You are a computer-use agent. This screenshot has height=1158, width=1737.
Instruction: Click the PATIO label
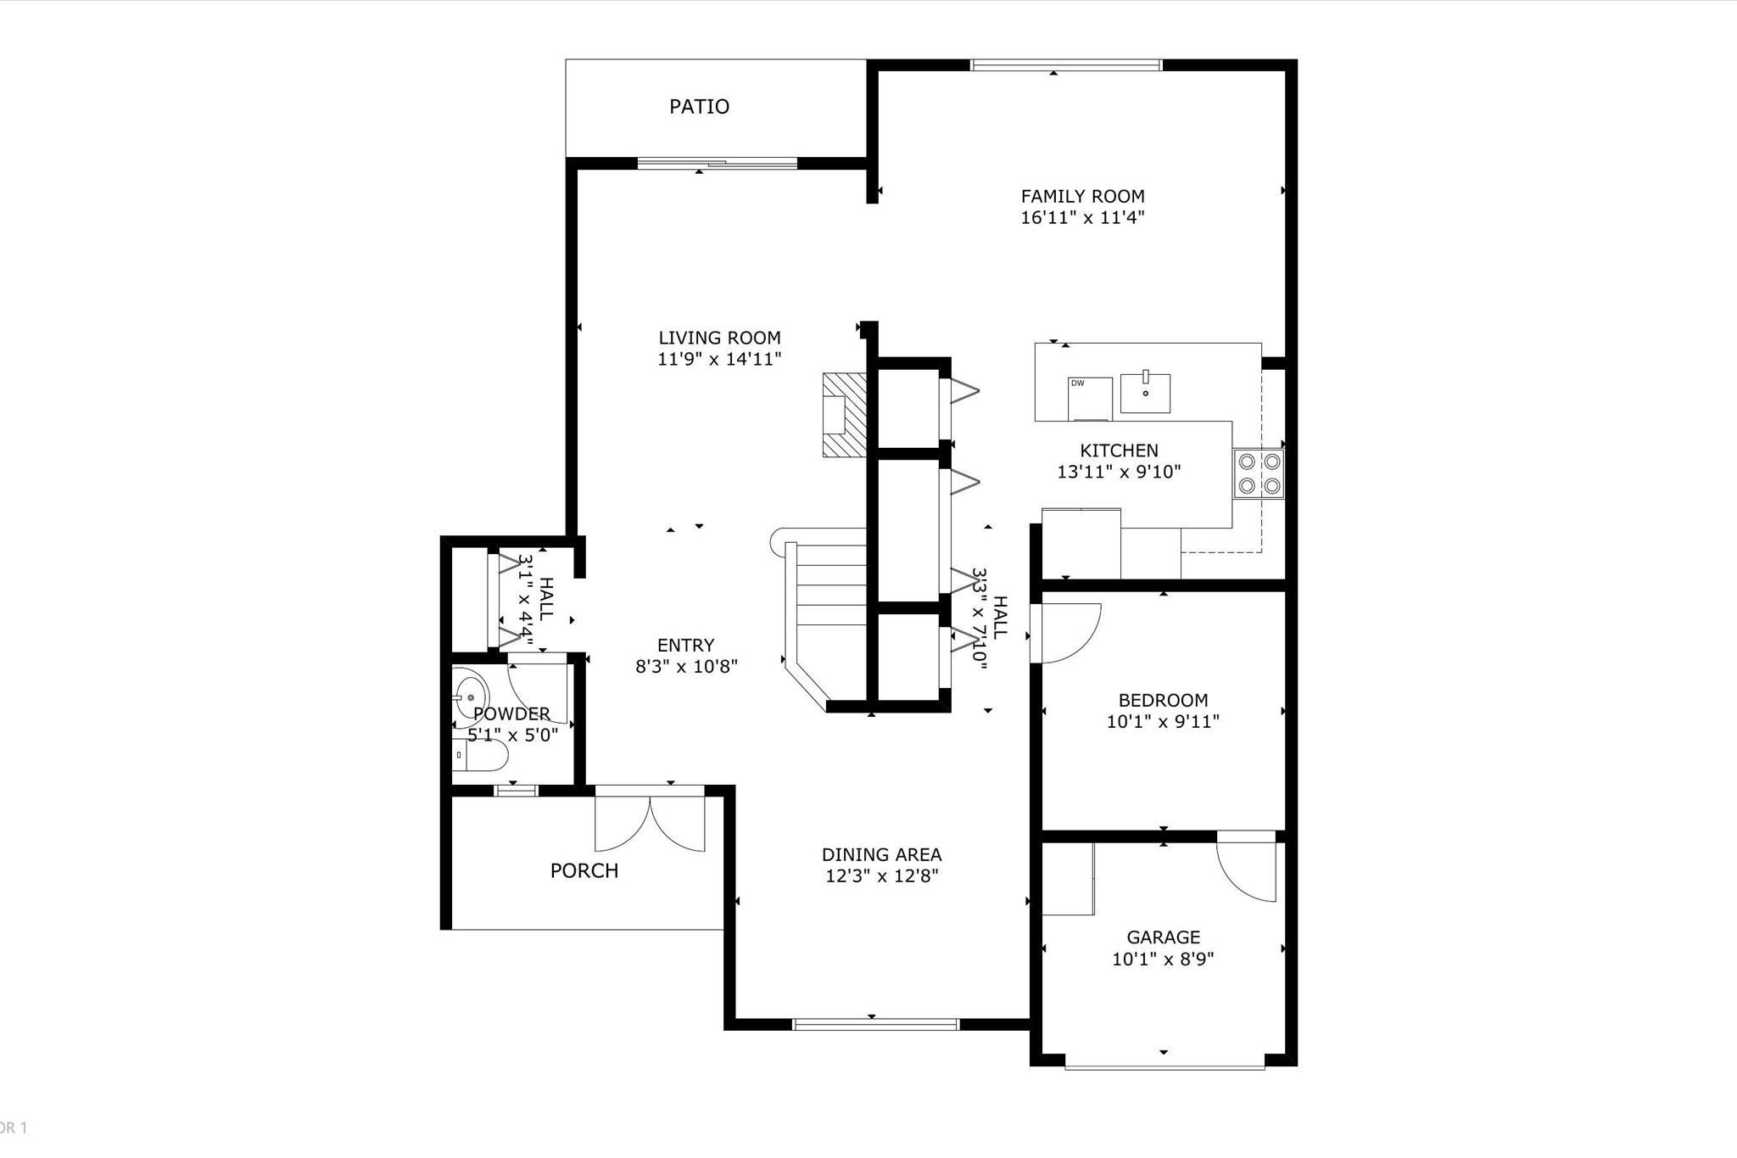[699, 107]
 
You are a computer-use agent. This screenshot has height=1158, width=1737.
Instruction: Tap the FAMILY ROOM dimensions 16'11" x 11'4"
[1082, 218]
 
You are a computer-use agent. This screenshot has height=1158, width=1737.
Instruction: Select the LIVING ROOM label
[719, 338]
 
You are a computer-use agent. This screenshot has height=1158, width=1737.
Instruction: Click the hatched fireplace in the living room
[844, 415]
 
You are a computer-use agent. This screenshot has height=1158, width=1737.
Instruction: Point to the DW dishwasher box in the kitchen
[1089, 398]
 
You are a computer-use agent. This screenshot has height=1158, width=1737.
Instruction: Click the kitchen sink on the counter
[1145, 393]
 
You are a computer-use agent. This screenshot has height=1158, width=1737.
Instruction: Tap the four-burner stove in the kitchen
[1259, 473]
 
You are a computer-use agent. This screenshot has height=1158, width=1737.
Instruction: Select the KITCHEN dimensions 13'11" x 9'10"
[1119, 473]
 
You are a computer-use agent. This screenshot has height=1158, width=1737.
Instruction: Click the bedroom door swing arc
[1070, 632]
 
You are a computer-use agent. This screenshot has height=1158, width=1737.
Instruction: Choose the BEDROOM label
[1163, 701]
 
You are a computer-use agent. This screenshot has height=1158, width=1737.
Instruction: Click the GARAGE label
[1163, 937]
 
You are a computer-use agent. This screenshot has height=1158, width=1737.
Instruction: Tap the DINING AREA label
[881, 855]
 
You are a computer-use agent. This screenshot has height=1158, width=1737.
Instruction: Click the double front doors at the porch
[650, 821]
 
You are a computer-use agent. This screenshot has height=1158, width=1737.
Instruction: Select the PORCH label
[584, 871]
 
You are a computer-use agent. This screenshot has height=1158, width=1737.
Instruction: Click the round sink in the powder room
[468, 693]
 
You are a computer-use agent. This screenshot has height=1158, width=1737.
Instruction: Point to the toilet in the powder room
[478, 754]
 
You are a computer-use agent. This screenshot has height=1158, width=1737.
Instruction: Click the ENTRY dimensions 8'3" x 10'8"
[686, 667]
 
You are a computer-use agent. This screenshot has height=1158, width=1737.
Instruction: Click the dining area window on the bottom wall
[875, 1024]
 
